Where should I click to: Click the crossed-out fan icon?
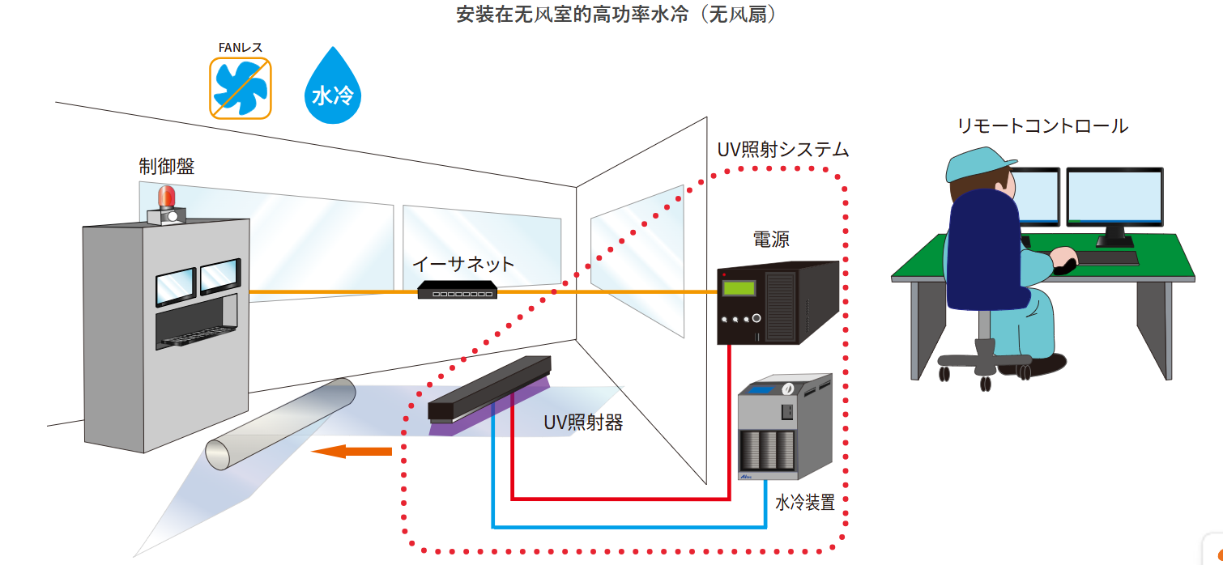pyautogui.click(x=241, y=88)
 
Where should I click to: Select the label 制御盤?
pyautogui.click(x=166, y=167)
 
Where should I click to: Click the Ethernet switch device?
pyautogui.click(x=457, y=290)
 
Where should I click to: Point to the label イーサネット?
pyautogui.click(x=463, y=264)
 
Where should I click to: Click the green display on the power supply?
pyautogui.click(x=739, y=288)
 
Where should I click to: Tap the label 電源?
pyautogui.click(x=771, y=239)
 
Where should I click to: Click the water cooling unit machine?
pyautogui.click(x=784, y=429)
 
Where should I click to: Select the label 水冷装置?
pyautogui.click(x=804, y=502)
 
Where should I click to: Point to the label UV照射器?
pyautogui.click(x=583, y=423)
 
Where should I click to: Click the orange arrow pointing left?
pyautogui.click(x=351, y=451)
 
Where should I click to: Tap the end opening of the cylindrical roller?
pyautogui.click(x=219, y=455)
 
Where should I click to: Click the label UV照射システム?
pyautogui.click(x=782, y=150)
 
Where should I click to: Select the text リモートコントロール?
pyautogui.click(x=1042, y=126)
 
